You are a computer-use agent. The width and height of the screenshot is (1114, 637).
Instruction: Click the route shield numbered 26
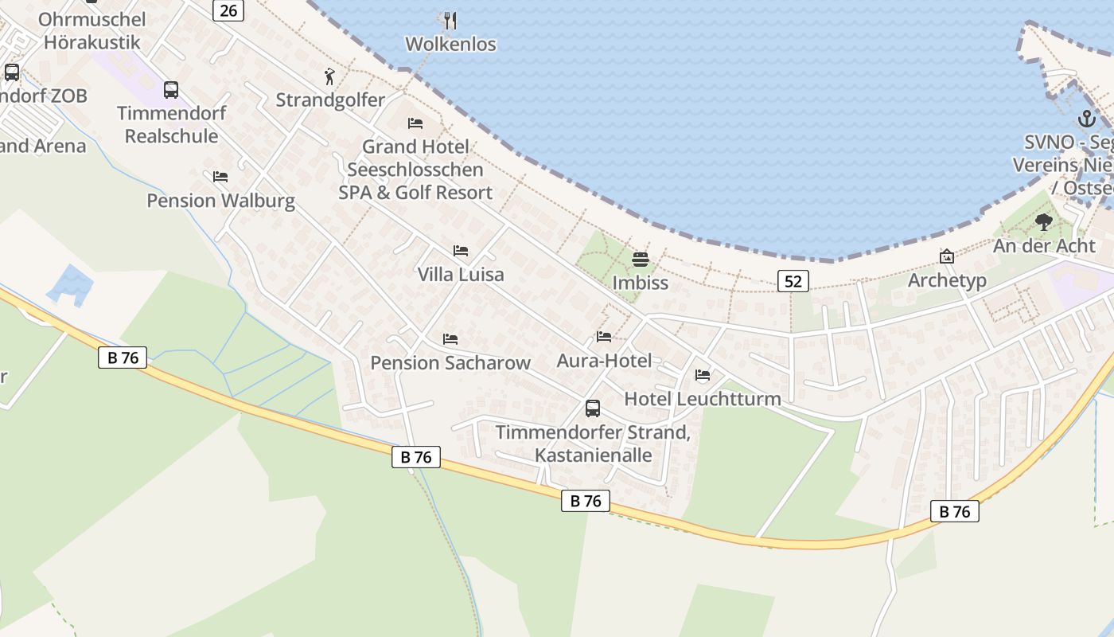228,10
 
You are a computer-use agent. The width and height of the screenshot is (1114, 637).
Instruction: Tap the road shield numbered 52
793,280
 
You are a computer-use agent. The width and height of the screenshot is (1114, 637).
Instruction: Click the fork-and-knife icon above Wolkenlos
450,20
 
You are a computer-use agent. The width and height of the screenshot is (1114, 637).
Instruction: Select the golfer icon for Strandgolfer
329,76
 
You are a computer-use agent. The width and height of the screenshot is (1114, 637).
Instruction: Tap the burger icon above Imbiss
641,260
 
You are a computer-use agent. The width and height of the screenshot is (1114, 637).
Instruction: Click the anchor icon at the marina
1086,119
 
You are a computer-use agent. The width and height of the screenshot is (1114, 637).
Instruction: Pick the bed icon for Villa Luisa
461,251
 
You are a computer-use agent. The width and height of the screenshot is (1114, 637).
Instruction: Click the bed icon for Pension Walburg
220,177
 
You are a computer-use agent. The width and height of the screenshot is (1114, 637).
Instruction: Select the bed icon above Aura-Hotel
604,338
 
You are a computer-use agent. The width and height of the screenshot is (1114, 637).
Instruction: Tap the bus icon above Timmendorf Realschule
171,90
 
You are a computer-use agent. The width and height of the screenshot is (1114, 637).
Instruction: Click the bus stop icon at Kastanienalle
593,408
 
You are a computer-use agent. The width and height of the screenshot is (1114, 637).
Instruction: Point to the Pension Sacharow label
450,363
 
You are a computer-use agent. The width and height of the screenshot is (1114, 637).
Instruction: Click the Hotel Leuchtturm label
703,399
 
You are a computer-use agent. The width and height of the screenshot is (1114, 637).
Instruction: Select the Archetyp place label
947,280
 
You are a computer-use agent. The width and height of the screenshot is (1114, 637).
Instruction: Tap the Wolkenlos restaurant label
450,45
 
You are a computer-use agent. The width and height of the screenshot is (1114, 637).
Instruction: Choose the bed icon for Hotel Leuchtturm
703,375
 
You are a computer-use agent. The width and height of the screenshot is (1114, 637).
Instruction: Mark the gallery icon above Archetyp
947,257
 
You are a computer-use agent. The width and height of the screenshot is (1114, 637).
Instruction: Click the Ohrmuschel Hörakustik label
92,31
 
